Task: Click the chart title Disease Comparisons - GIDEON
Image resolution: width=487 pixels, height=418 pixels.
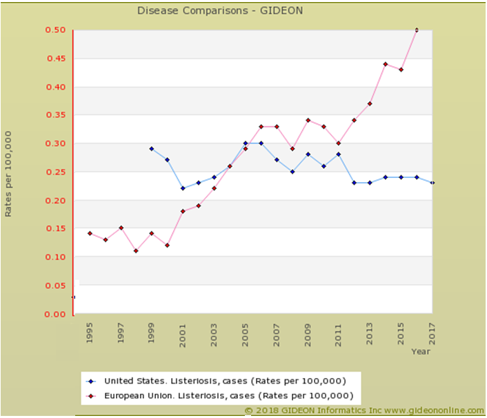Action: point(219,10)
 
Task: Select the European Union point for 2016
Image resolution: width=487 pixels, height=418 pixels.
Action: point(416,30)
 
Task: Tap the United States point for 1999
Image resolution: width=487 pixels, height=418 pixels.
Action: point(152,148)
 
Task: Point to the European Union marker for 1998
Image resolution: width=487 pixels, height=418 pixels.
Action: point(136,251)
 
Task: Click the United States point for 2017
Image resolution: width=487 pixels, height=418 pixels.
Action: point(432,183)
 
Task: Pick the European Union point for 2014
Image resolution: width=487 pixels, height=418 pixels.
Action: point(385,64)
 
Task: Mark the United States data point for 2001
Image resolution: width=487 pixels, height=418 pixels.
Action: point(183,188)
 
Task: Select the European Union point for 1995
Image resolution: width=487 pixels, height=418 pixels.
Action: point(90,234)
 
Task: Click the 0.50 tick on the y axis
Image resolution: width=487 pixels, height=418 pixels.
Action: point(55,30)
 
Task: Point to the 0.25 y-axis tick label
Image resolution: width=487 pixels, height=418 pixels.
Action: point(55,172)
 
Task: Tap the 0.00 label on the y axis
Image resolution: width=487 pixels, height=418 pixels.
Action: point(55,315)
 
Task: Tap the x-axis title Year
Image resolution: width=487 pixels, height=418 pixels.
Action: point(421,352)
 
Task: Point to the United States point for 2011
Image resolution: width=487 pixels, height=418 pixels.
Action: point(338,155)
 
